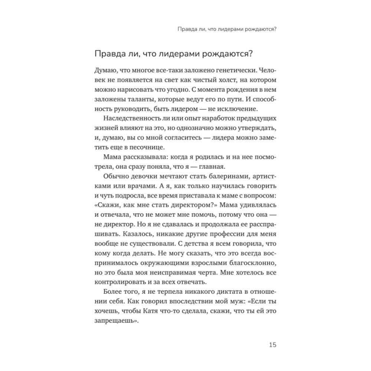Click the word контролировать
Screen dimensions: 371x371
point(118,283)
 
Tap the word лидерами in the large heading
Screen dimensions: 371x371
point(175,54)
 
